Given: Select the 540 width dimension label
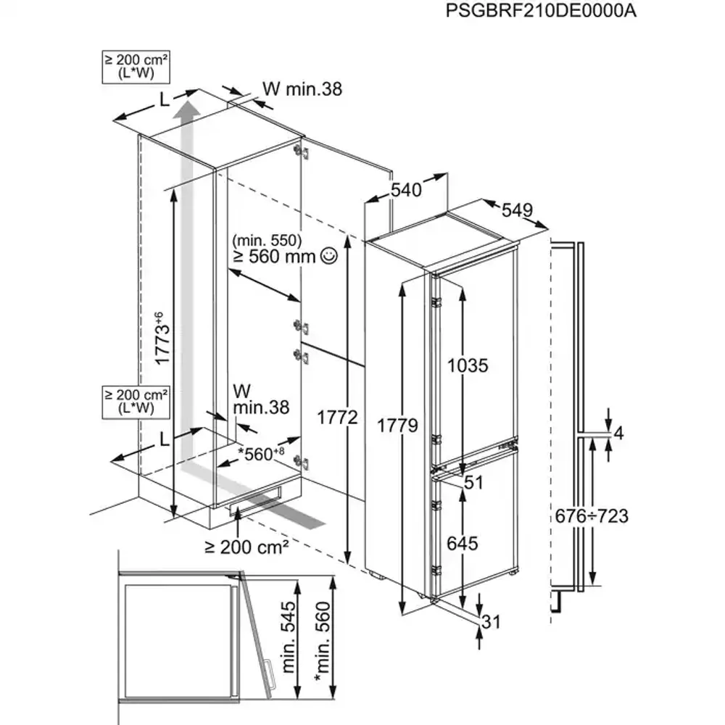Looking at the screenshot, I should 406,191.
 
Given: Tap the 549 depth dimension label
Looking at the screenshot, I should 517,210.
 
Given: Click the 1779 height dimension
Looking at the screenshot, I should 397,426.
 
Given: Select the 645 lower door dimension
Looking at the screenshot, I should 463,543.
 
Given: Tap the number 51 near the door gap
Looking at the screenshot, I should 473,483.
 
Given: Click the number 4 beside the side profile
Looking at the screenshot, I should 618,434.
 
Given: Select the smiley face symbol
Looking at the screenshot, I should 328,254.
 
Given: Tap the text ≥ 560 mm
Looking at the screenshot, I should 275,255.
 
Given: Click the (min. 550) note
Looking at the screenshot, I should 268,239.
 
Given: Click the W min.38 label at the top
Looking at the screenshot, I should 302,88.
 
